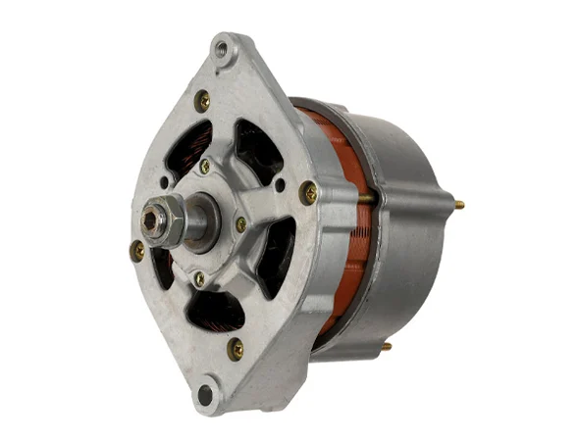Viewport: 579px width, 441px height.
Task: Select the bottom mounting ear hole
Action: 204,395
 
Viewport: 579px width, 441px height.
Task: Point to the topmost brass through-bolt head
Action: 202,99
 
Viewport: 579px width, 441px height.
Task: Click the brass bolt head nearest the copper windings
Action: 308,192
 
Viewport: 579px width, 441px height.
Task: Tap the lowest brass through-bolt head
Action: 235,348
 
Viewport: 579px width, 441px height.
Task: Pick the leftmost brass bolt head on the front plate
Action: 137,250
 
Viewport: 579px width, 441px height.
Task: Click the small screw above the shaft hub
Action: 204,167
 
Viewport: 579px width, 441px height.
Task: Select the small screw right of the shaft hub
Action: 240,224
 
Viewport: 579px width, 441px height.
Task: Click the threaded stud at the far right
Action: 457,205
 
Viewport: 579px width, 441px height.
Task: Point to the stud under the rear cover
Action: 386,345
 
